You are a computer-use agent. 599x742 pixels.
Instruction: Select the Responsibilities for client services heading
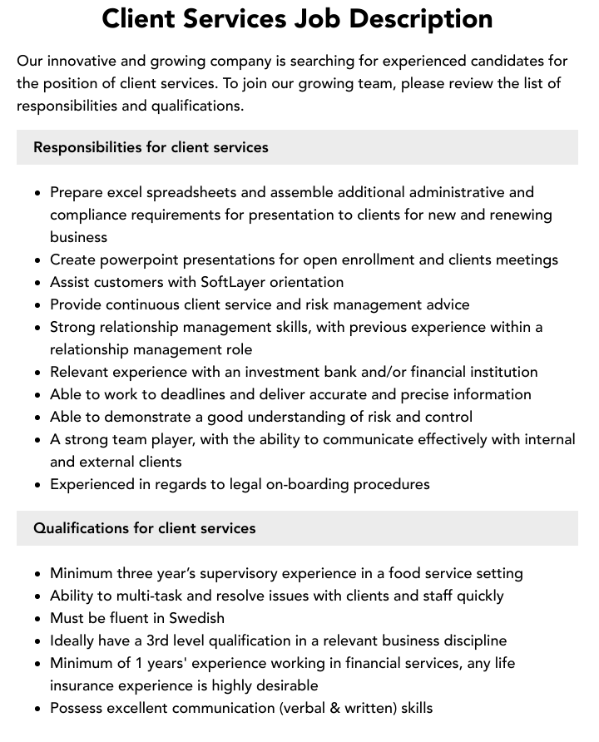click(151, 147)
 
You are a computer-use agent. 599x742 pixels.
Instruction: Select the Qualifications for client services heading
click(144, 528)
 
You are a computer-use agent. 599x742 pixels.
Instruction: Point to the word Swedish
click(197, 618)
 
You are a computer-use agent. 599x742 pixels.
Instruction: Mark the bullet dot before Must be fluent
click(37, 619)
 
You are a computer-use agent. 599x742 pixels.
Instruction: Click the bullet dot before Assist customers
click(37, 283)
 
